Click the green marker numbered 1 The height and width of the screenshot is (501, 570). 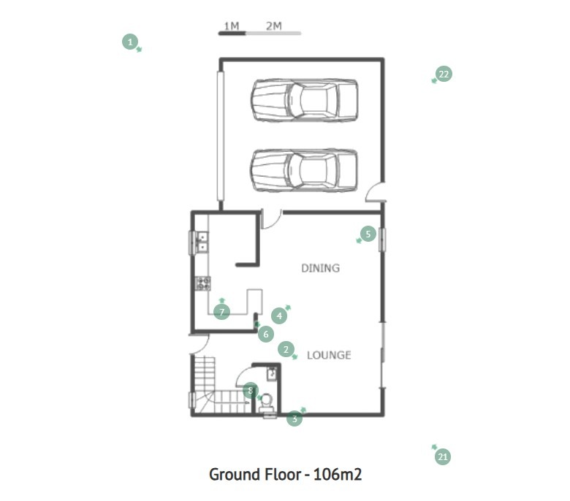(x=130, y=42)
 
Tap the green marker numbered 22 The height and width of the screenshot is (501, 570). (x=444, y=74)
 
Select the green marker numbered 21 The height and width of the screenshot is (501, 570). (x=443, y=456)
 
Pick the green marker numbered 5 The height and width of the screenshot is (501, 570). (x=368, y=234)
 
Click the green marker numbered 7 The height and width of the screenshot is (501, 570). (x=221, y=312)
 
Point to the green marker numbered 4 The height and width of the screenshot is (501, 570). (x=279, y=315)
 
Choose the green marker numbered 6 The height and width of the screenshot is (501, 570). (x=266, y=334)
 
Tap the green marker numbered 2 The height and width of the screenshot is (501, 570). (x=286, y=350)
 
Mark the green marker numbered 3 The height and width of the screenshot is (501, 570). (x=294, y=418)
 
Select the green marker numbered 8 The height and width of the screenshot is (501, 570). (x=251, y=391)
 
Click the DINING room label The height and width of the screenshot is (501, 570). (x=321, y=268)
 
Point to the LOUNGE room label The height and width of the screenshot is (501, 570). (x=329, y=355)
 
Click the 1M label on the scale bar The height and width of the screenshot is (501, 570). (x=232, y=26)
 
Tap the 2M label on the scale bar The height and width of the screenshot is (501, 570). (x=274, y=26)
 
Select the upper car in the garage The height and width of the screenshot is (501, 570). (x=304, y=100)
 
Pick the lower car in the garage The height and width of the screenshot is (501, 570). (x=304, y=170)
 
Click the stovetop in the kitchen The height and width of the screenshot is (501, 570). (x=203, y=283)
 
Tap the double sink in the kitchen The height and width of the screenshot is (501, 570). (x=202, y=242)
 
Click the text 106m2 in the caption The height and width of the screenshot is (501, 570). (x=338, y=475)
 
